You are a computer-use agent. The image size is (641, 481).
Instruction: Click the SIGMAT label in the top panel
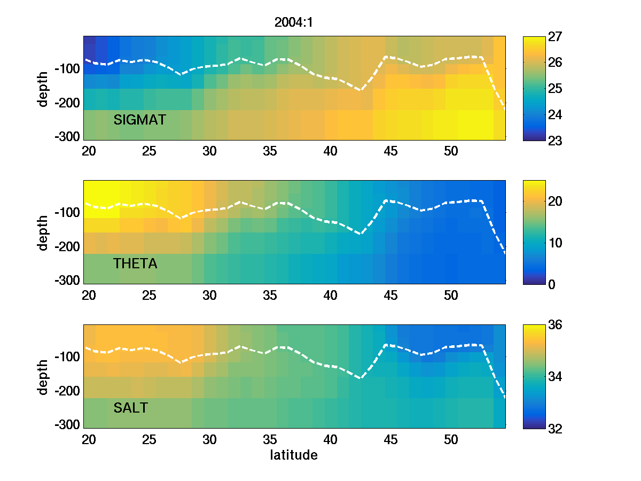139,120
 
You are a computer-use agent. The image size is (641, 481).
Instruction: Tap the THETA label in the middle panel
135,263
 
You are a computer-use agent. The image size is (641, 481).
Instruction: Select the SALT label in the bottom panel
130,408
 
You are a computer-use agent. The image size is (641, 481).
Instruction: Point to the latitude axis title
294,455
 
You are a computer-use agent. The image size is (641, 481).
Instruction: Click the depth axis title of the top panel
43,88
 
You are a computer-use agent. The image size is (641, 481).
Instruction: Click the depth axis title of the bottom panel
43,377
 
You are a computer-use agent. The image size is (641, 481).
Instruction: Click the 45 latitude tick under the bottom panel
391,440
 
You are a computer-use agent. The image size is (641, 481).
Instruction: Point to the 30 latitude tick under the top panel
209,151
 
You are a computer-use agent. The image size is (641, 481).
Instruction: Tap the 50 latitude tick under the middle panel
451,296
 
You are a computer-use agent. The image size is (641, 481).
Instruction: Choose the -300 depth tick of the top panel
66,136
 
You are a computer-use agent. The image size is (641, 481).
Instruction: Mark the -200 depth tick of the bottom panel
66,391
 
